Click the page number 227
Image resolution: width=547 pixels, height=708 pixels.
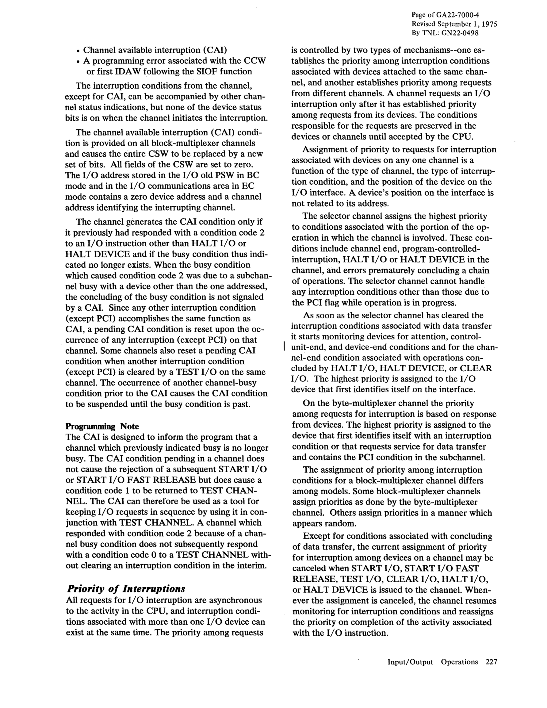click(491, 662)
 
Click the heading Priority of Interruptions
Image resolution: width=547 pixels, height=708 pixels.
click(125, 588)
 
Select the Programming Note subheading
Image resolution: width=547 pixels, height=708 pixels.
click(102, 426)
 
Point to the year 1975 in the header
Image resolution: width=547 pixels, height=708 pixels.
click(488, 24)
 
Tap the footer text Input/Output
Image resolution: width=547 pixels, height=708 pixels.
click(410, 662)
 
